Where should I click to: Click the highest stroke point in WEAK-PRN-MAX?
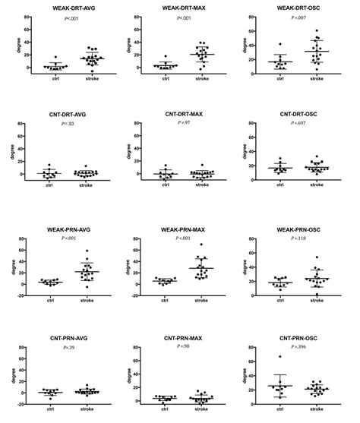(x=201, y=245)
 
